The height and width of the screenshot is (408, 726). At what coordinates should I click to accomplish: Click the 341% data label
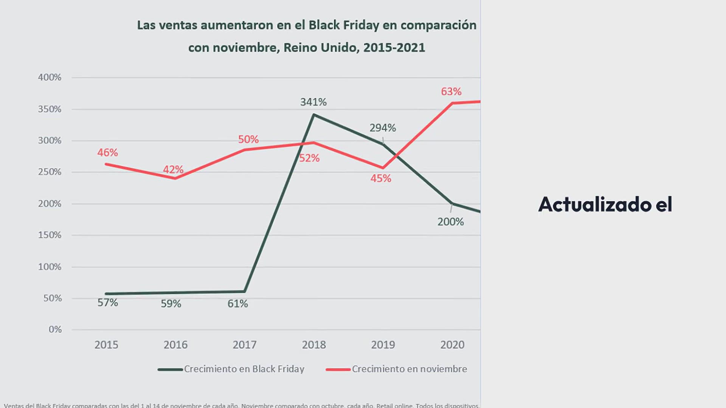[x=313, y=102]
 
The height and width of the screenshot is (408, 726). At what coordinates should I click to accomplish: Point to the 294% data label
[x=383, y=128]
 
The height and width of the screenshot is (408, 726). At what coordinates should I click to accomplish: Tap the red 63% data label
[x=451, y=91]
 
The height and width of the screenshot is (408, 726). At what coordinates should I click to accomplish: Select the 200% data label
[x=450, y=222]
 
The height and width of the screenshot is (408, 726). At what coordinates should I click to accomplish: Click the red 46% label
[x=108, y=153]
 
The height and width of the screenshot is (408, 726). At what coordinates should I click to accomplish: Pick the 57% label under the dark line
[x=108, y=303]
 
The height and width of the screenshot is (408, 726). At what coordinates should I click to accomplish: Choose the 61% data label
[x=237, y=304]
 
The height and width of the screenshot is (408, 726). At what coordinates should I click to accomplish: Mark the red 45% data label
[x=381, y=178]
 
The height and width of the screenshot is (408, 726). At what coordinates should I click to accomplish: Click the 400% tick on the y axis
[x=50, y=77]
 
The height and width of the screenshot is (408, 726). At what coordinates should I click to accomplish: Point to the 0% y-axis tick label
[x=55, y=329]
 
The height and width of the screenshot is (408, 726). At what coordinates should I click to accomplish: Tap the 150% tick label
[x=50, y=235]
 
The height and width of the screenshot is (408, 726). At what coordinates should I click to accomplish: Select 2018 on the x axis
[x=313, y=345]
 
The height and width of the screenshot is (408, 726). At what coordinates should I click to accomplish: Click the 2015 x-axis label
[x=106, y=345]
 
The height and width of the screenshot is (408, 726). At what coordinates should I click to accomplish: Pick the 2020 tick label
[x=452, y=345]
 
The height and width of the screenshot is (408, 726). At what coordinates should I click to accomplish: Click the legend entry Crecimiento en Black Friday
[x=244, y=369]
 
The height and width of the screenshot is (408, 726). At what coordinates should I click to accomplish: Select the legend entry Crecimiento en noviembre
[x=409, y=369]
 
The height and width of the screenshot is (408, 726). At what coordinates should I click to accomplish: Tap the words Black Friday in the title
[x=344, y=25]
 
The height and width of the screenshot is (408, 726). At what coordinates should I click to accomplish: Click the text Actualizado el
[x=605, y=204]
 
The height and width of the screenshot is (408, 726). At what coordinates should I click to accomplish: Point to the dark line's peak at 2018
[x=314, y=114]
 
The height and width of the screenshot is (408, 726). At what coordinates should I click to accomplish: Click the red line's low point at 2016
[x=175, y=178]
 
